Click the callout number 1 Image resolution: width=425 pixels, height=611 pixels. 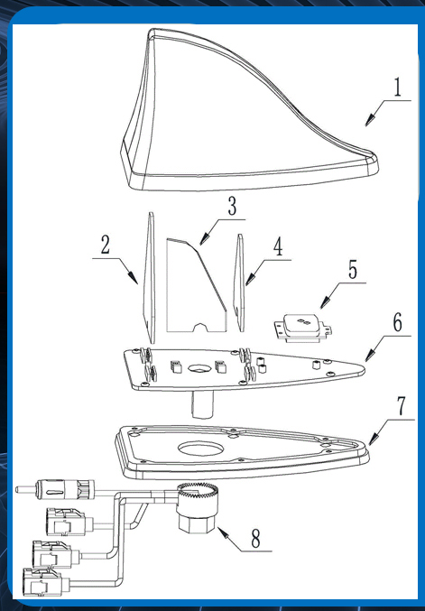click(x=397, y=88)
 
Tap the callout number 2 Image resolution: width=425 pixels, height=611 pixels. click(x=106, y=245)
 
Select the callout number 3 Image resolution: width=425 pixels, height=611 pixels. click(x=232, y=206)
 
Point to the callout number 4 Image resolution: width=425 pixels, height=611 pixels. click(x=278, y=247)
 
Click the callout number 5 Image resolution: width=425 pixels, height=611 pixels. click(x=353, y=270)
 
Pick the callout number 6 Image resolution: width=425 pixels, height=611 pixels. click(x=397, y=322)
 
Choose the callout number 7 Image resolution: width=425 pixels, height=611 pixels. click(x=401, y=406)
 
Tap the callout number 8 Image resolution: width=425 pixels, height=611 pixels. click(x=255, y=539)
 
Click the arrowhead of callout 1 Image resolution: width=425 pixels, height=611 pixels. click(x=368, y=121)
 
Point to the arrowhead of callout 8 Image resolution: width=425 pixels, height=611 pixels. click(x=222, y=532)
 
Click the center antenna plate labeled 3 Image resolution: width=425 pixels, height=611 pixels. click(x=197, y=285)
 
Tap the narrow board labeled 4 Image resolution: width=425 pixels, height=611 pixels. click(x=239, y=282)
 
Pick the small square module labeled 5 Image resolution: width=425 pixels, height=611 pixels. click(x=303, y=328)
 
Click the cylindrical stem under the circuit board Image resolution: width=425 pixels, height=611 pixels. click(x=202, y=404)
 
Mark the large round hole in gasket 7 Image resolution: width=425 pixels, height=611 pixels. click(x=201, y=449)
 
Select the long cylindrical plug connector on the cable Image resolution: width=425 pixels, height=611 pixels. click(x=55, y=488)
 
